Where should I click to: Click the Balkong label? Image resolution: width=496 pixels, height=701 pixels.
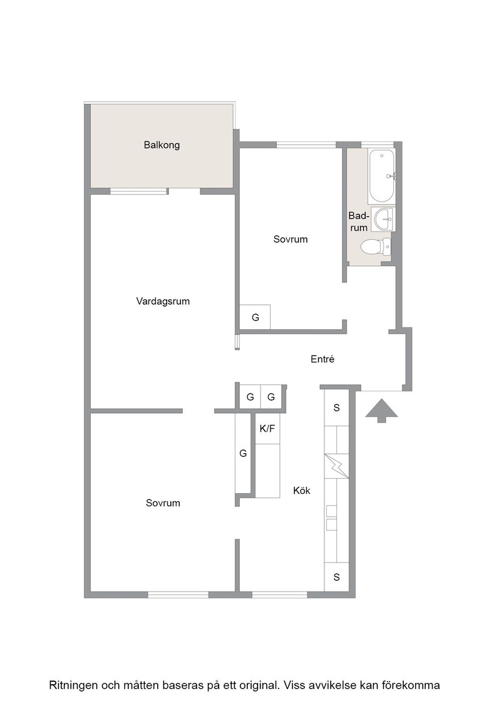coord(162,145)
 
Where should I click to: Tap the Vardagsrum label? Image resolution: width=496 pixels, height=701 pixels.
coord(163,301)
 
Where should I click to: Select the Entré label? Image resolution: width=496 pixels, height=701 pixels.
coord(323,359)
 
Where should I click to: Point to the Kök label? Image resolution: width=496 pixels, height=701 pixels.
coord(301,491)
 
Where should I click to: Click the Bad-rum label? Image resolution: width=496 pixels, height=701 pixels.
coord(359,222)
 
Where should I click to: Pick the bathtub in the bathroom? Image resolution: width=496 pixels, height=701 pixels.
coord(381,175)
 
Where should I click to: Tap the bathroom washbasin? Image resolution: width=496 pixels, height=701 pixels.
coord(385,220)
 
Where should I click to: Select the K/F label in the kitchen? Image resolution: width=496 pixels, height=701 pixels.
coord(267,429)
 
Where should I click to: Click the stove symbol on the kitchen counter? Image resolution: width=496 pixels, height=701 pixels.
coord(336,466)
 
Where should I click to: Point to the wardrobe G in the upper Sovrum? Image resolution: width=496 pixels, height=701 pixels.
coord(255,317)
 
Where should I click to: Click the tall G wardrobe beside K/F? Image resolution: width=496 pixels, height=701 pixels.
coord(244,453)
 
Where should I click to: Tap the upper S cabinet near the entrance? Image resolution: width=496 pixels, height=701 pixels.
coord(336,407)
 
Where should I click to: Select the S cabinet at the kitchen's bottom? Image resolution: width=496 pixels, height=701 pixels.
coord(336,576)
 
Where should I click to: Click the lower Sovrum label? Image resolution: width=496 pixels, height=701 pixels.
coord(163,503)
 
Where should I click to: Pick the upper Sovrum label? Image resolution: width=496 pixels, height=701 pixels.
coord(291,239)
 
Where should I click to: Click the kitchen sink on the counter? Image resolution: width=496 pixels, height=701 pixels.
coord(331,518)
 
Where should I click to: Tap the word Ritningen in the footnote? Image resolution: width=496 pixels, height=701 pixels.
coord(73,685)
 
